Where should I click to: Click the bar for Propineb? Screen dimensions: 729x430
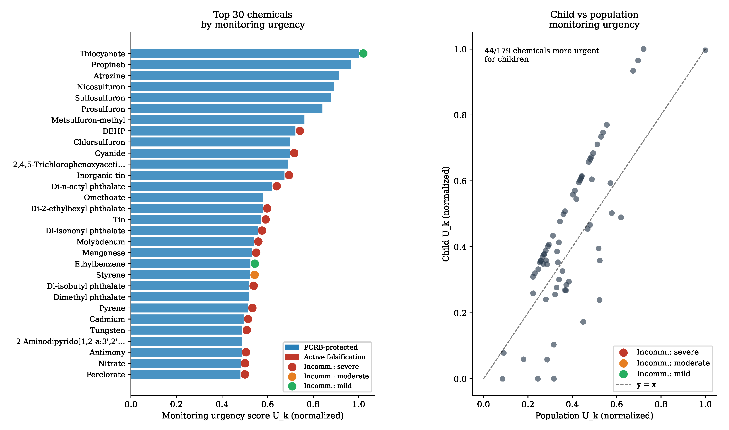[x=241, y=65]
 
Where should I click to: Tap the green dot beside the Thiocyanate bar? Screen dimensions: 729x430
[x=363, y=54]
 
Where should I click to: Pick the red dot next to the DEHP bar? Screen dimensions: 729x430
[x=300, y=131]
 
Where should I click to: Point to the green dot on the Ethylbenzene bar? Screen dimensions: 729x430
[x=255, y=264]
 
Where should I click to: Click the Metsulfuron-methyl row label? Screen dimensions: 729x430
[x=88, y=120]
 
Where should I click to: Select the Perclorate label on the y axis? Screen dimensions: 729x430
[x=106, y=375]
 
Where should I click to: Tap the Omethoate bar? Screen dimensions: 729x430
[x=197, y=197]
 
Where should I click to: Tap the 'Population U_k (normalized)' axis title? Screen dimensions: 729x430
[x=594, y=416]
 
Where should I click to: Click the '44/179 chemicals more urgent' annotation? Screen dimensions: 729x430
[x=541, y=51]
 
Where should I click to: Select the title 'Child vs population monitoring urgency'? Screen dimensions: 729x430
[x=594, y=19]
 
